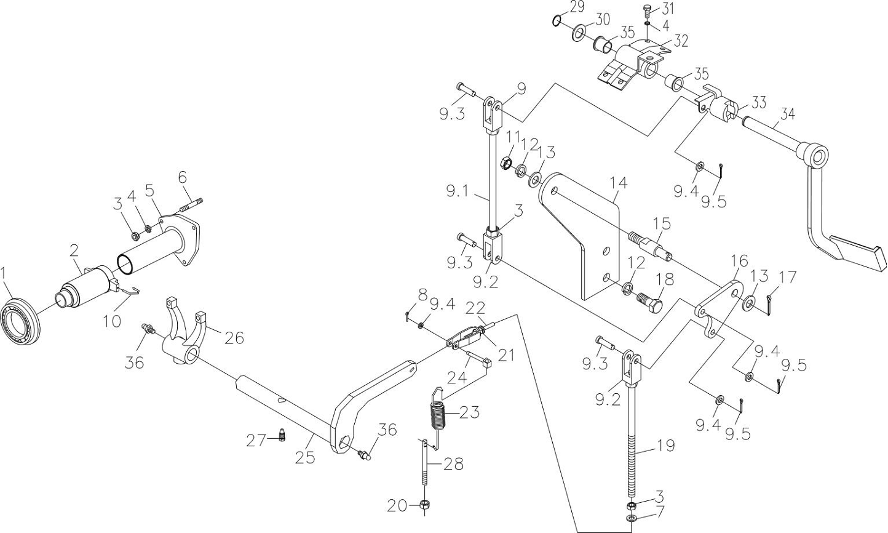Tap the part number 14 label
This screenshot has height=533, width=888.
coord(619,183)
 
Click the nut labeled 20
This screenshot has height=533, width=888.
coord(425,505)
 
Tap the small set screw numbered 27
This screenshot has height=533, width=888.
coord(282,435)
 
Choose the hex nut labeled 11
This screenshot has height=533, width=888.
coord(506,162)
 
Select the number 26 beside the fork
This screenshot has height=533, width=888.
coord(234,338)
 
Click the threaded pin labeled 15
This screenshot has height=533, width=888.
coord(649,247)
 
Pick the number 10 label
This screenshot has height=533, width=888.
coord(112,321)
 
